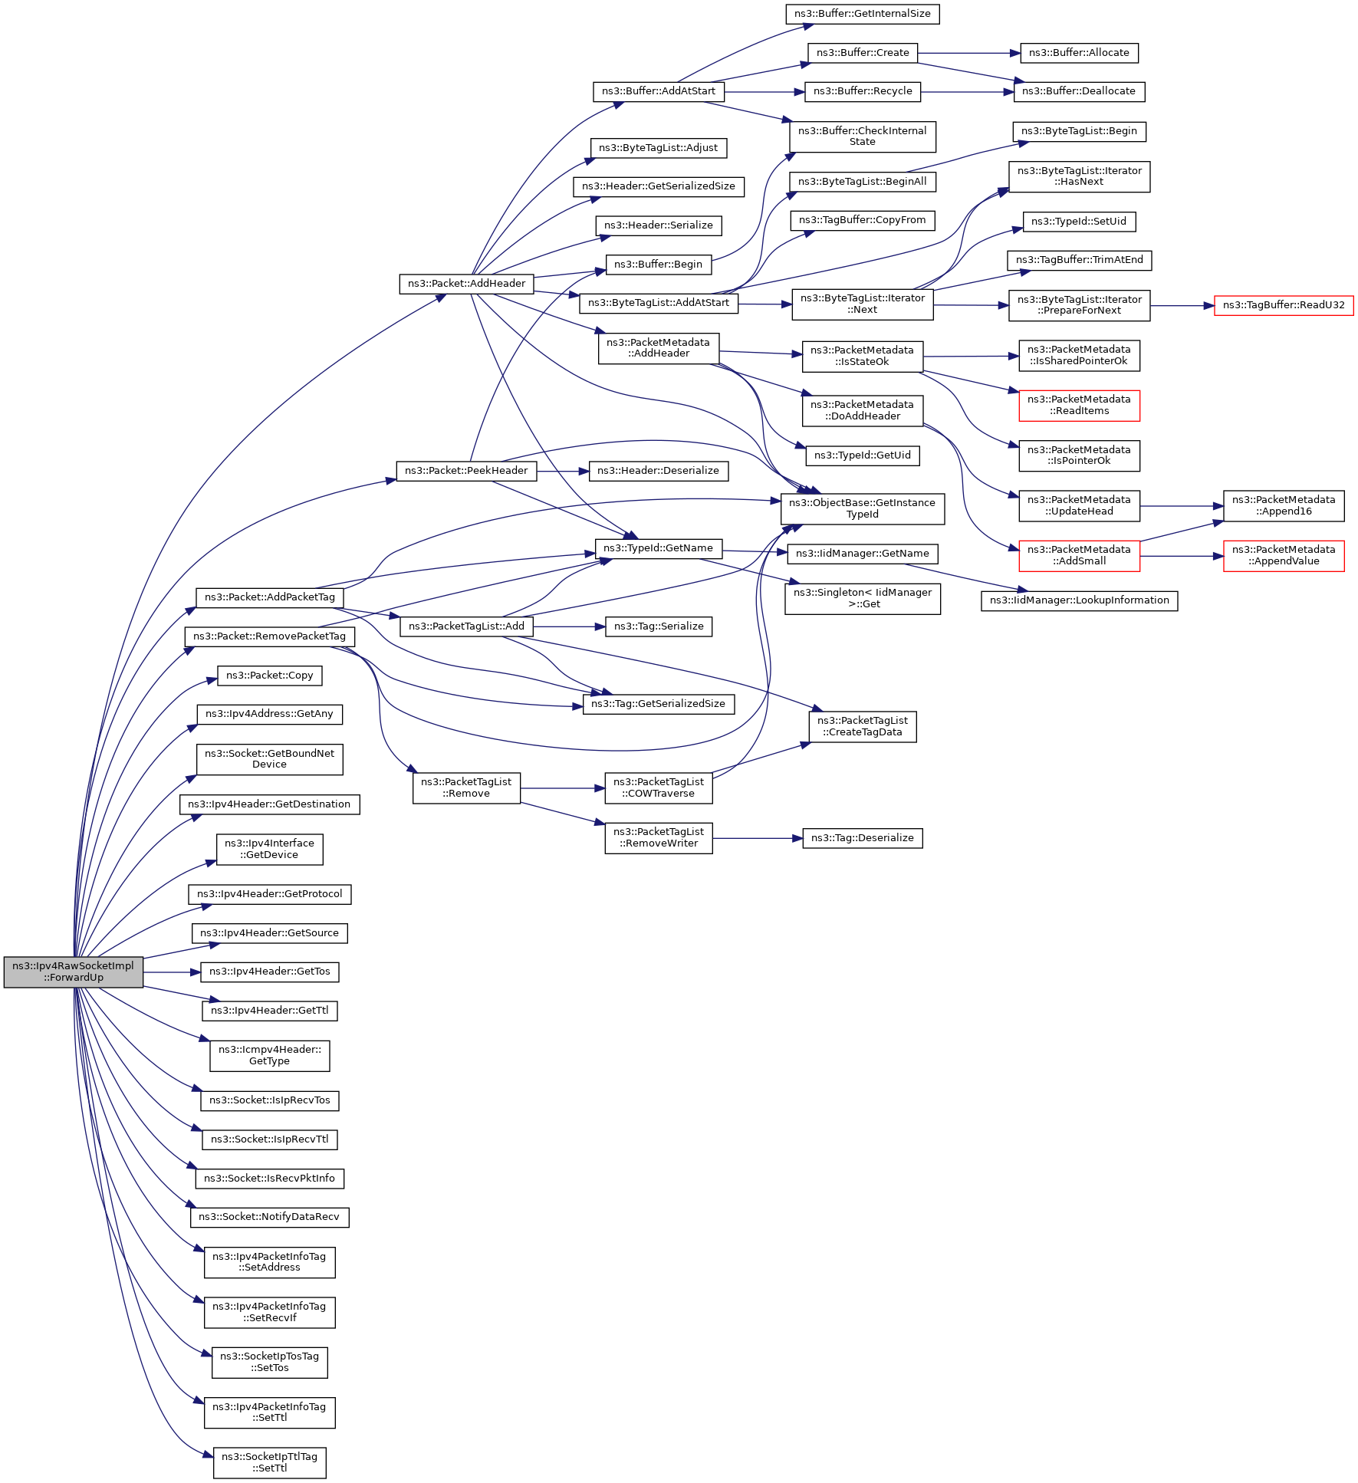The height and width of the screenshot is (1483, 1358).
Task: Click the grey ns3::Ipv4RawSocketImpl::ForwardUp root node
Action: [x=73, y=972]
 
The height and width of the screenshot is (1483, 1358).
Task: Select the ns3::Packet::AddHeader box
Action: [x=466, y=284]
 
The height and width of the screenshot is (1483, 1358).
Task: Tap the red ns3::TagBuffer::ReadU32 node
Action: [x=1283, y=305]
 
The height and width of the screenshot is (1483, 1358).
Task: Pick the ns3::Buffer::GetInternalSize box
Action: [x=862, y=14]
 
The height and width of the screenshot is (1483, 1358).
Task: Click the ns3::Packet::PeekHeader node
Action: [x=465, y=471]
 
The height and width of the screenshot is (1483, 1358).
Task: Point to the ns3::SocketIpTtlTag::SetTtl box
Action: [x=269, y=1462]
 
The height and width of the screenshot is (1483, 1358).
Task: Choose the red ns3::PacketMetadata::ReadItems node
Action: [x=1079, y=406]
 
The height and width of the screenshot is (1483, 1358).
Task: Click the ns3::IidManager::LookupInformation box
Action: [x=1079, y=600]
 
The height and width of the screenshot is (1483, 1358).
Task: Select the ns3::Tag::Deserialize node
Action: [x=862, y=838]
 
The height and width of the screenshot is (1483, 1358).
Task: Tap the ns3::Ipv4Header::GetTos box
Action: [x=269, y=972]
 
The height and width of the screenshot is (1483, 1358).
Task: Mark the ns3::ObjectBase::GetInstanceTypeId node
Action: [x=862, y=508]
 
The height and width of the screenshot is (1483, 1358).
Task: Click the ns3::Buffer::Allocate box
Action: [x=1079, y=53]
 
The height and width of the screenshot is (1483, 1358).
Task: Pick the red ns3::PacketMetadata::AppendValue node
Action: [x=1283, y=556]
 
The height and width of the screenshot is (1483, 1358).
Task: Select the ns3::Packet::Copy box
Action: [x=269, y=676]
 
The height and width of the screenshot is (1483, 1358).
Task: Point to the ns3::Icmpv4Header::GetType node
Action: [x=269, y=1056]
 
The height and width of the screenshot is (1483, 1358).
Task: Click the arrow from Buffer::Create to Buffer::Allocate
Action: [x=968, y=53]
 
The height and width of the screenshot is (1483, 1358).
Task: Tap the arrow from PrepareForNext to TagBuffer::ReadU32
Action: [x=1182, y=305]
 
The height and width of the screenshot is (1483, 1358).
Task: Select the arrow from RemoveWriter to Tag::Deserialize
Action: [x=757, y=838]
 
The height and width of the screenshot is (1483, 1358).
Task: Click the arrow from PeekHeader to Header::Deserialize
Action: [x=562, y=471]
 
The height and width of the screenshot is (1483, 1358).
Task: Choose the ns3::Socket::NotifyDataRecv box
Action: [x=269, y=1217]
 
